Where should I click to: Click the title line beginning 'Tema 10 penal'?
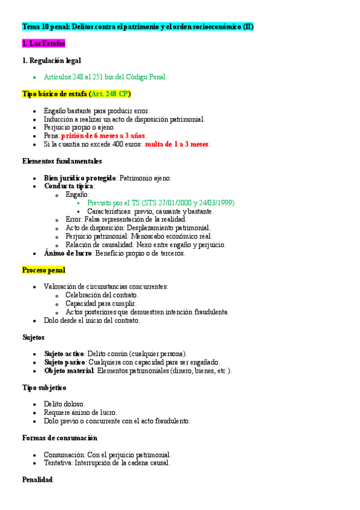pos(138,27)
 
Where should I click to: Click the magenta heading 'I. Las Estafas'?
pos(43,44)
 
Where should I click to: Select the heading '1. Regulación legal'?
pos(51,61)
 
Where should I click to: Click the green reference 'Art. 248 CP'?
pos(110,94)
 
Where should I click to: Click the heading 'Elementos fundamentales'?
pos(62,161)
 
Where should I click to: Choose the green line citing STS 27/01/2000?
pos(162,203)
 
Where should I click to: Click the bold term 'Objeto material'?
pos(69,370)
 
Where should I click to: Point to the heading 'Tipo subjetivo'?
pos(44,388)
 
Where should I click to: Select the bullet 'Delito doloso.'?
pos(64,404)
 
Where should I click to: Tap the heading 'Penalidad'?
pos(37,480)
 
